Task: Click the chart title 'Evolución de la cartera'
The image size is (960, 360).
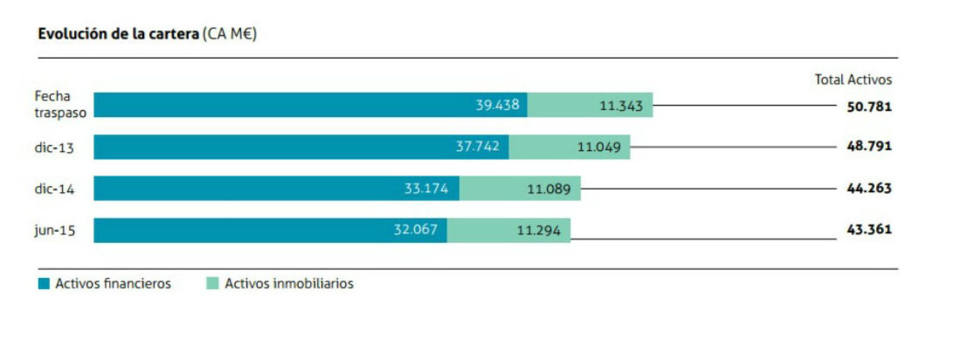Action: click(x=118, y=34)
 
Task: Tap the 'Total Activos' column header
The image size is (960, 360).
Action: click(x=853, y=80)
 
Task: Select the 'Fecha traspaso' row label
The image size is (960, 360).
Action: click(x=60, y=105)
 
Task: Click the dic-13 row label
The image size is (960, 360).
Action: click(x=54, y=148)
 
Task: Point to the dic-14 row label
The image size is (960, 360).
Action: click(x=54, y=189)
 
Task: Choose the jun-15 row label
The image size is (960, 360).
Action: click(x=55, y=230)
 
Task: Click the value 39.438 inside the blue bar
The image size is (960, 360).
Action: click(x=497, y=105)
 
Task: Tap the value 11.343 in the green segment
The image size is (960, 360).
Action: click(x=621, y=106)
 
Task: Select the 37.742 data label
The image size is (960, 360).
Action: click(x=477, y=147)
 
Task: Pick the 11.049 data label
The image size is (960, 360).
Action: click(x=599, y=147)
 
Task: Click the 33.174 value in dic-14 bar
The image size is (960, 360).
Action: click(x=426, y=188)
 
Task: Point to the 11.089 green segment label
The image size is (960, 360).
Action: click(x=549, y=189)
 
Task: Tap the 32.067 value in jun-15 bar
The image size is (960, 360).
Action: click(x=415, y=229)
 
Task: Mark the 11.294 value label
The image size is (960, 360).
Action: click(x=539, y=231)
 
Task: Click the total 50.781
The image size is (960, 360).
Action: click(x=869, y=106)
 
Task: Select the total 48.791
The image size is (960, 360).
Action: click(x=869, y=146)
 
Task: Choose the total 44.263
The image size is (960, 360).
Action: click(x=869, y=188)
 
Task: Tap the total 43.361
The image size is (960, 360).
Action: click(x=869, y=229)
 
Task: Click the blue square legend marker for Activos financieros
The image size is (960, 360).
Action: click(x=44, y=283)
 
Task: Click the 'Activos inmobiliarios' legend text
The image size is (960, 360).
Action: click(x=289, y=283)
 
